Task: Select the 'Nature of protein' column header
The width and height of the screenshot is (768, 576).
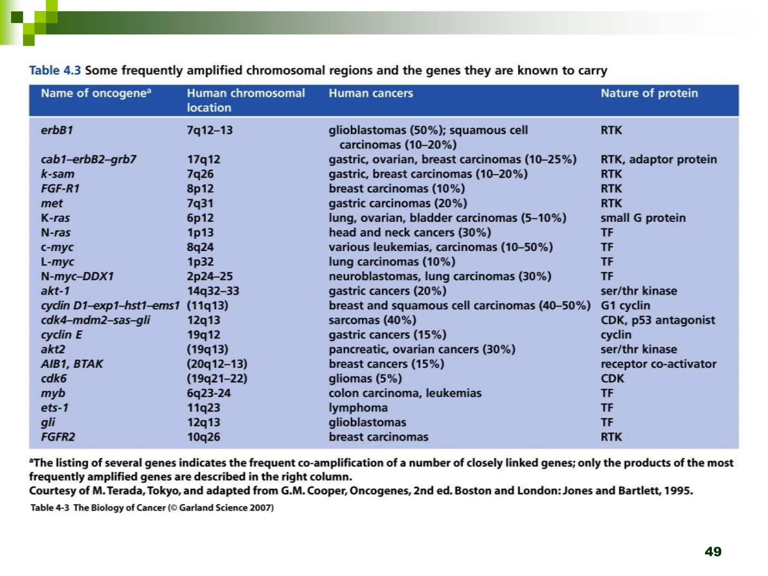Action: (649, 93)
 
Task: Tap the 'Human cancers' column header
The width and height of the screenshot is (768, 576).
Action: (370, 93)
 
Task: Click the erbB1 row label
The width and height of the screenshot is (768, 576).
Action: (57, 130)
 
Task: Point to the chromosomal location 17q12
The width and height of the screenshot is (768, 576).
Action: (204, 159)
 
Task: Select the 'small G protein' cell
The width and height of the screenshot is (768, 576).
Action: (643, 218)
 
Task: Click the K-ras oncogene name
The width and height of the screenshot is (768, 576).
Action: (55, 218)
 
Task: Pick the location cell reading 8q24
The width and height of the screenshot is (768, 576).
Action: (200, 247)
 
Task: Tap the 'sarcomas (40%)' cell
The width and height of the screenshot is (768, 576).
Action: (372, 320)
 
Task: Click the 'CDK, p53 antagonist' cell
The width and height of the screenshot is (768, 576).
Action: (658, 320)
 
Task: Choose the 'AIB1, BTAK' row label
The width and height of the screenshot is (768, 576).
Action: (72, 364)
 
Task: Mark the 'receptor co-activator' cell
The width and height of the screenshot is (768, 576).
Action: (658, 364)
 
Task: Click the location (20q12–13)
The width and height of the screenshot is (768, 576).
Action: (217, 364)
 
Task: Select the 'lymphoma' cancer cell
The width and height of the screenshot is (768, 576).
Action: (358, 408)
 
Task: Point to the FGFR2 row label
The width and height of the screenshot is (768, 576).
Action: (58, 437)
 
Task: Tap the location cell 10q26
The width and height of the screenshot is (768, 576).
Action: (204, 437)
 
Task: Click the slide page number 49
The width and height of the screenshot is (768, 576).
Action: (713, 552)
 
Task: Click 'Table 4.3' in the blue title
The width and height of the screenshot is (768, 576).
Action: (55, 70)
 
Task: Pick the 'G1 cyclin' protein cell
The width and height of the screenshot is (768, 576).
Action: (625, 306)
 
